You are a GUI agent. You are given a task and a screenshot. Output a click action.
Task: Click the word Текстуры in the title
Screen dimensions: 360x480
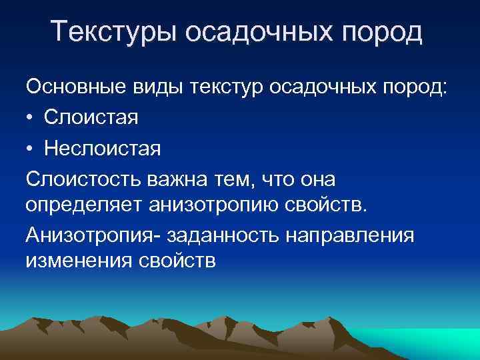pyautogui.click(x=113, y=33)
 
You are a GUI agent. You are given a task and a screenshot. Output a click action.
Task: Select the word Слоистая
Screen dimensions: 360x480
pyautogui.click(x=91, y=118)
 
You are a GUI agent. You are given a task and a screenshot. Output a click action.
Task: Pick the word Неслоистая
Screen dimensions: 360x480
pyautogui.click(x=103, y=147)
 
